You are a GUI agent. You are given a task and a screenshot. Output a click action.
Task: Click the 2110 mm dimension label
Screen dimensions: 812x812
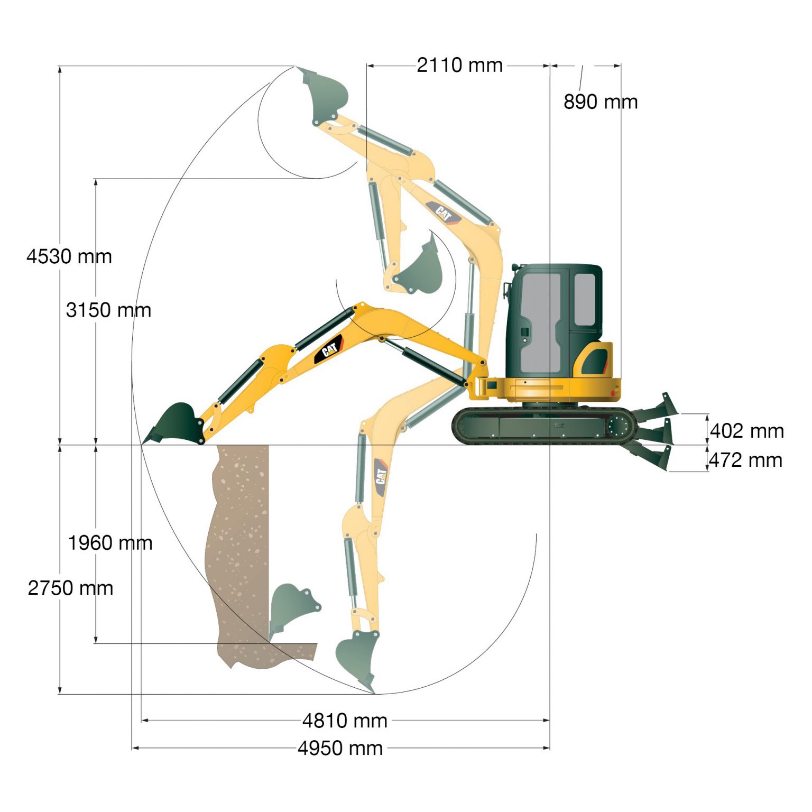click(459, 66)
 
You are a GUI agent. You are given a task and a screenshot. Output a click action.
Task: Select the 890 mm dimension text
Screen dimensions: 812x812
click(601, 102)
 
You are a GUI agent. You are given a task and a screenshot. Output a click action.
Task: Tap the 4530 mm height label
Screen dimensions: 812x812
click(69, 257)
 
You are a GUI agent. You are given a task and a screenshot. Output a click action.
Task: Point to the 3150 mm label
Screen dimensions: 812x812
click(108, 310)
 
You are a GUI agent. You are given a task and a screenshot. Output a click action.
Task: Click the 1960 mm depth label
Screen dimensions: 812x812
click(110, 543)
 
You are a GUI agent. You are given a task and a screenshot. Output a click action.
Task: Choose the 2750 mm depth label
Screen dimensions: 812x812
click(70, 588)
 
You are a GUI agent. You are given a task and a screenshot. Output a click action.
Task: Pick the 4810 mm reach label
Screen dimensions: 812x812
click(345, 721)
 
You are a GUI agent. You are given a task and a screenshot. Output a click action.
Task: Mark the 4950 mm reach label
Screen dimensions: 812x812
click(340, 749)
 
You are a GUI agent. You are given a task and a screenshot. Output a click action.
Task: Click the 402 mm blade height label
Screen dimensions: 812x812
click(746, 431)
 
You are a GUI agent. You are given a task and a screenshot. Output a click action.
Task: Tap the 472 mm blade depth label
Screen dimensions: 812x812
click(745, 460)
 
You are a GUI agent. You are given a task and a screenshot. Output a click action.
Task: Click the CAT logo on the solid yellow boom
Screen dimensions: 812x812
click(329, 349)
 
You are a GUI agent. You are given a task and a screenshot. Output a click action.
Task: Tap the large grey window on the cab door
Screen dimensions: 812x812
click(539, 322)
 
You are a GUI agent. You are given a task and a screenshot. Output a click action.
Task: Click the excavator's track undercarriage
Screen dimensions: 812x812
click(545, 426)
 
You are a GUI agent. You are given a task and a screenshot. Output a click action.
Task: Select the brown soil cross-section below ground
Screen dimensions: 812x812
click(238, 555)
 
